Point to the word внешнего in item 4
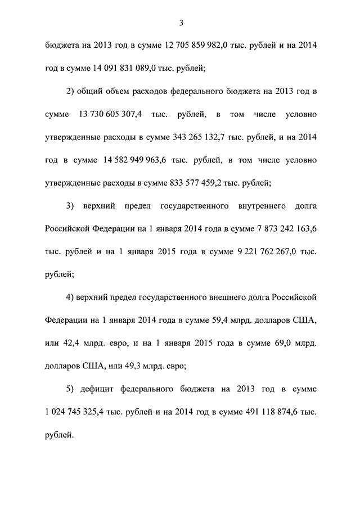(229, 297)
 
